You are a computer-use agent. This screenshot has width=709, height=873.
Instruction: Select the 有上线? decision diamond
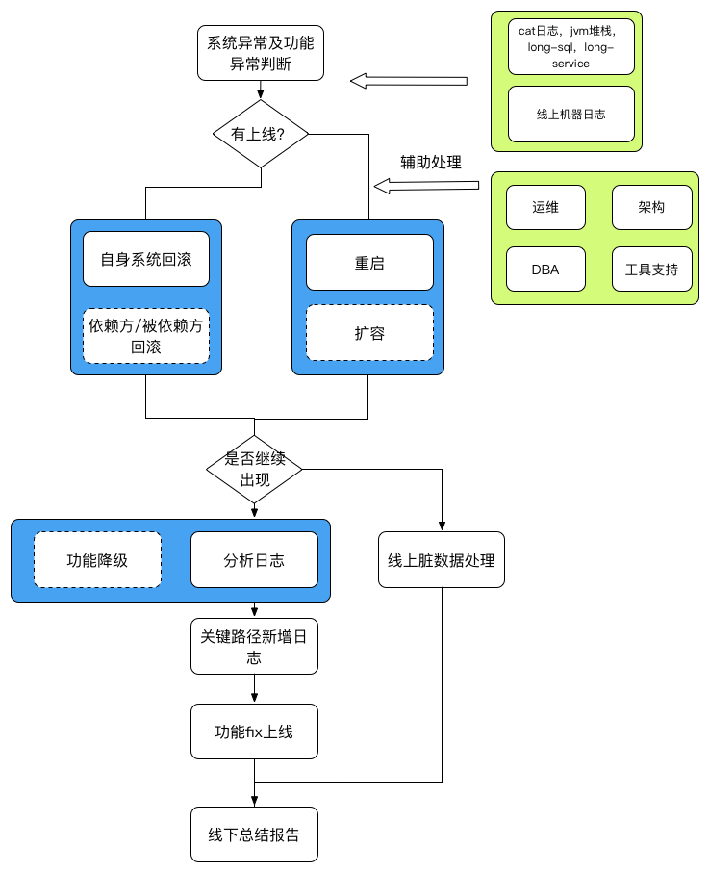261,133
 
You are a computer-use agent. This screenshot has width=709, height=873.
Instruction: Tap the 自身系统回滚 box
145,259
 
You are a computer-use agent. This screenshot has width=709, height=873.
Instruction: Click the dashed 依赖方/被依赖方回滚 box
145,335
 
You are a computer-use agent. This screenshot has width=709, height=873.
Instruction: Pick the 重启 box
368,262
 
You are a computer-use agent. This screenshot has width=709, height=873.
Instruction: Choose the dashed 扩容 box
368,333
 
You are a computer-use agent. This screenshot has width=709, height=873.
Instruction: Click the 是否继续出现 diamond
254,469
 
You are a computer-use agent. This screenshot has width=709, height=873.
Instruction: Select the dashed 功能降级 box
97,559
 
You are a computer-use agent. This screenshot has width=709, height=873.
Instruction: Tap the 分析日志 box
254,559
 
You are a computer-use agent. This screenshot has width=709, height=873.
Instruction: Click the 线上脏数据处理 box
442,559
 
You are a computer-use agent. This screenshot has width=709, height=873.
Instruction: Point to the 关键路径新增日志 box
254,646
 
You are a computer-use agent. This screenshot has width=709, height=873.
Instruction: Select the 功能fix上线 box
254,732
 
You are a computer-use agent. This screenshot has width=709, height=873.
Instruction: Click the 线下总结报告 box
254,834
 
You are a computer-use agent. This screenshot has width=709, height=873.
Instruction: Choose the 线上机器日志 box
570,114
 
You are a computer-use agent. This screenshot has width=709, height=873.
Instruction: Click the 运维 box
545,207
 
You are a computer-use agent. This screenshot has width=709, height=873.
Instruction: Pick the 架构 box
651,207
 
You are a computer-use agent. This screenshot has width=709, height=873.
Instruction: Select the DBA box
545,270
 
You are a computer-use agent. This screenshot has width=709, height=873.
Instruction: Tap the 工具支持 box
651,270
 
